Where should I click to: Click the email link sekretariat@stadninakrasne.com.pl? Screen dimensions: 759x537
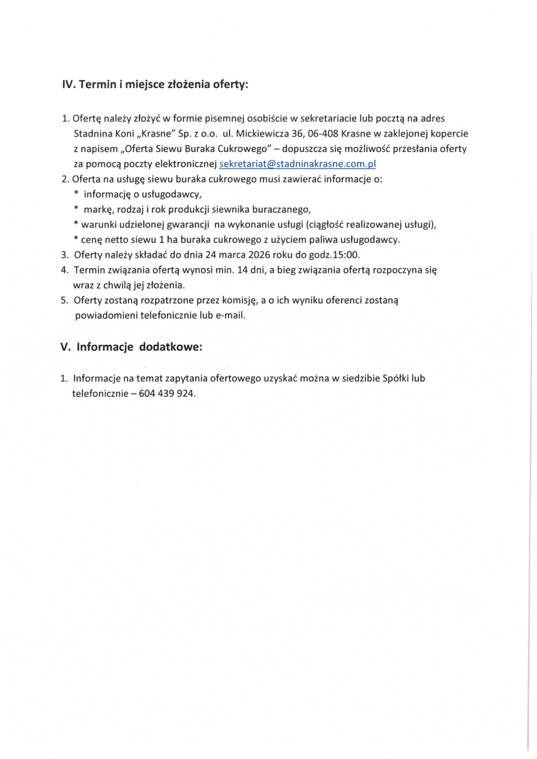tap(298, 164)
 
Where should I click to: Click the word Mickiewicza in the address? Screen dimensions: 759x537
tap(262, 133)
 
